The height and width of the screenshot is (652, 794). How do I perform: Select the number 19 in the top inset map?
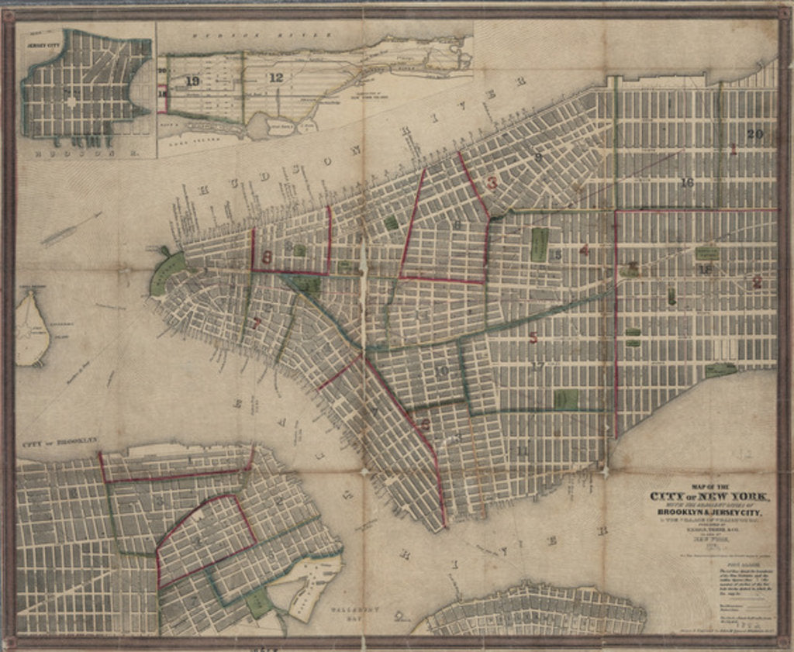192,81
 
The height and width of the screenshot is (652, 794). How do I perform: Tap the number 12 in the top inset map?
275,77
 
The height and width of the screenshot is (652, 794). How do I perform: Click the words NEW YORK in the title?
732,497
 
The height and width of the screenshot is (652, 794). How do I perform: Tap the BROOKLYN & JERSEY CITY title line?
709,512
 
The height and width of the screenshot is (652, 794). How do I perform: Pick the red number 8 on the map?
267,257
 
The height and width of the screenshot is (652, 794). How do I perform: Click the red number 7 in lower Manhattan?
255,324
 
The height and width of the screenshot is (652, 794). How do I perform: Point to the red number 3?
491,184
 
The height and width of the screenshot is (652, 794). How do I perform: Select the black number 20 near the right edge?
755,133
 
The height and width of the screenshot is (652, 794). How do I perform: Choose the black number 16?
686,183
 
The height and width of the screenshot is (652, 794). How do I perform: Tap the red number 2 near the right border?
756,283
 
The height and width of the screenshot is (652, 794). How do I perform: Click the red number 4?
584,250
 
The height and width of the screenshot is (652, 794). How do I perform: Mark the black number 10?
441,371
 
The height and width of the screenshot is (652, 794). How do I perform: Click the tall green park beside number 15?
539,244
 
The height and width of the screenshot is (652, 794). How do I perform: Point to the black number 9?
537,157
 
